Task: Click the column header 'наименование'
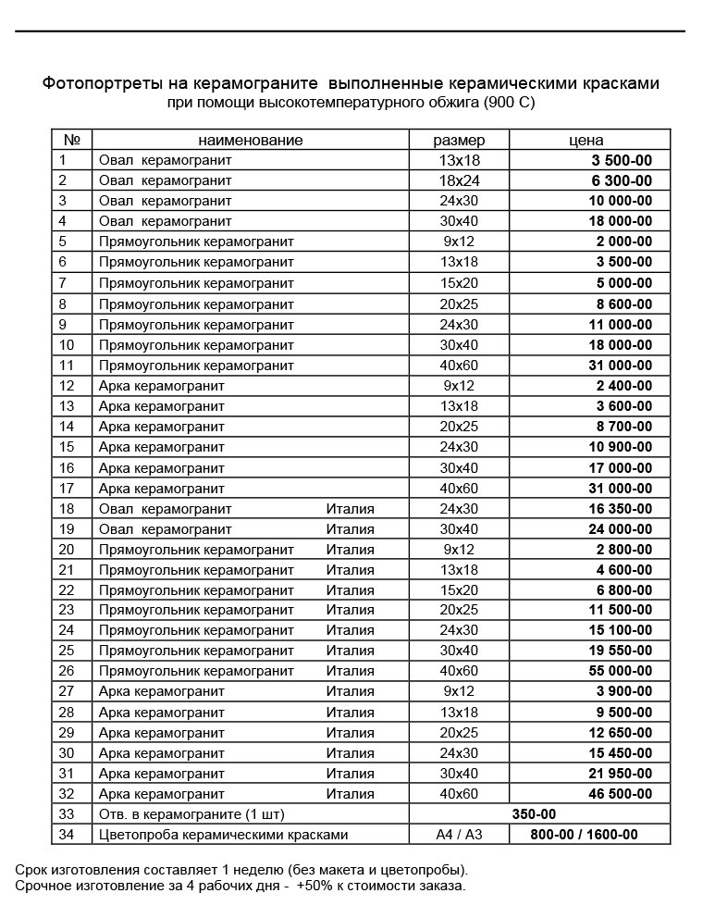251,140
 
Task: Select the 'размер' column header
459,140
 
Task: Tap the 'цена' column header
586,140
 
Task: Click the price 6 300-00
621,180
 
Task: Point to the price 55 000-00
620,671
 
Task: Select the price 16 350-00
620,508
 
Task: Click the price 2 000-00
624,242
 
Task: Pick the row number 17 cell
67,488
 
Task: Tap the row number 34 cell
67,835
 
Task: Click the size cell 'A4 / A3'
459,835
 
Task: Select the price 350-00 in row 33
534,814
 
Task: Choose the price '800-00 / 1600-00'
584,835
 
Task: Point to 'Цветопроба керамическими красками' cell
223,835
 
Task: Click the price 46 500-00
620,794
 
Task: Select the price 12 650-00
620,733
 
